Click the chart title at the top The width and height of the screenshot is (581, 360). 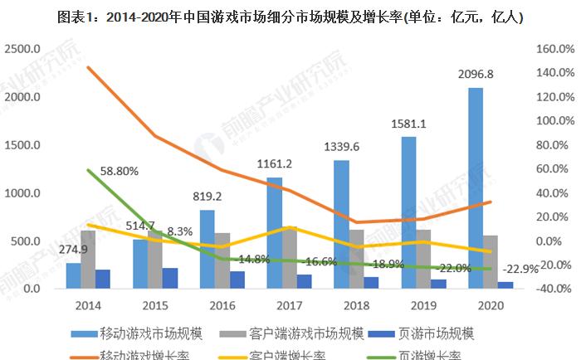(290, 17)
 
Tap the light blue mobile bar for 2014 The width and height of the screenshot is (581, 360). (74, 276)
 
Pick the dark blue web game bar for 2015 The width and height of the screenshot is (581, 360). (169, 279)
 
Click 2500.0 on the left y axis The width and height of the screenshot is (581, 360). (23, 49)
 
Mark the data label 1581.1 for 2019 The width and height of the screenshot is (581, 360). (408, 124)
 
